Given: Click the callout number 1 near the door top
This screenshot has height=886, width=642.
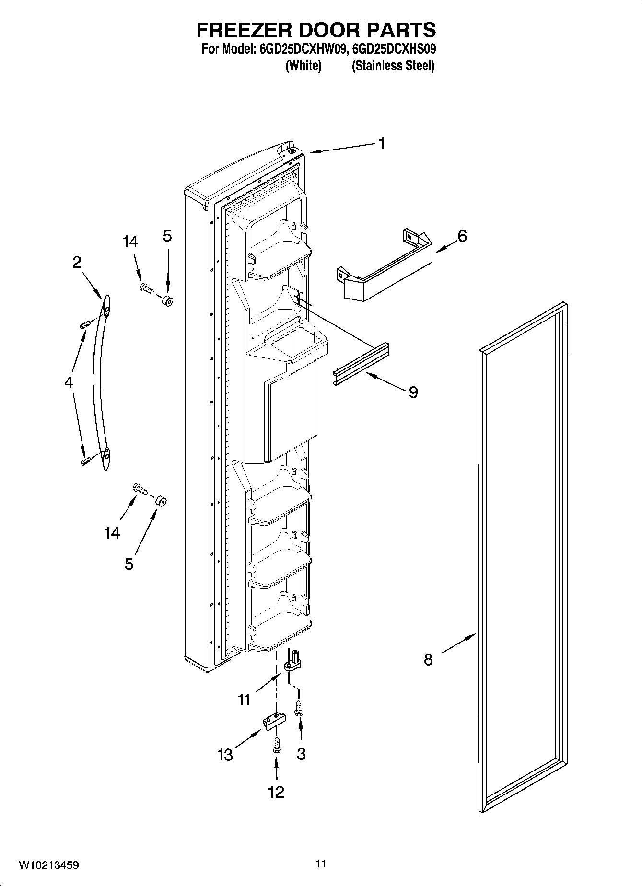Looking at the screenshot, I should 382,143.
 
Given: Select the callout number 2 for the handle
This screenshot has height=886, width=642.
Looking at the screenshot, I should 77,263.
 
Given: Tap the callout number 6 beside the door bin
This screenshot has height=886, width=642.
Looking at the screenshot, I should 462,236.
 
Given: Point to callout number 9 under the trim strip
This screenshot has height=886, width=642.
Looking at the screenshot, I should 413,392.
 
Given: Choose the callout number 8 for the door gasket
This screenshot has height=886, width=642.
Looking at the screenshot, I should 428,659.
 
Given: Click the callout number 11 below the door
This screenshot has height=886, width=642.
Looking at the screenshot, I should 244,700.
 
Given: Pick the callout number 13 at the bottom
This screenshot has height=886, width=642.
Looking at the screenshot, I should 225,755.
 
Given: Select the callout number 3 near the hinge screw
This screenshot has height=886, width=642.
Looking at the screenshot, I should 301,753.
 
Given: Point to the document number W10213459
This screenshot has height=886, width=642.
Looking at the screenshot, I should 48,865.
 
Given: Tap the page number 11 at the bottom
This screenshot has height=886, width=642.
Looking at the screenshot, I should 321,863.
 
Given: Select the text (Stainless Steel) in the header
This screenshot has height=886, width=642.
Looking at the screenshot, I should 393,66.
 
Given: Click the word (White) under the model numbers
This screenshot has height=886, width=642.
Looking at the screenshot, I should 303,66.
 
